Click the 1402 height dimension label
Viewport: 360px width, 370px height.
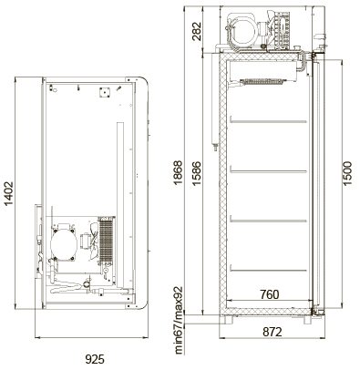(9, 193)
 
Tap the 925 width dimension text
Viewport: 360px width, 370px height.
(95, 359)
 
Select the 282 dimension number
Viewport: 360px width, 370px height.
(197, 31)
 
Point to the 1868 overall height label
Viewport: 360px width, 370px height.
(178, 172)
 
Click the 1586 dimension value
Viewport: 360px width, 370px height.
(196, 173)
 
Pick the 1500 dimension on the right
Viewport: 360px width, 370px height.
(347, 173)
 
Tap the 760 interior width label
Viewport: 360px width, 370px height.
(269, 294)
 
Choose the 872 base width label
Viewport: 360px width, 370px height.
(273, 332)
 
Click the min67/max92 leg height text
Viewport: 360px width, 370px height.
(179, 320)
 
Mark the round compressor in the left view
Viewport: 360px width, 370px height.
(64, 244)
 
